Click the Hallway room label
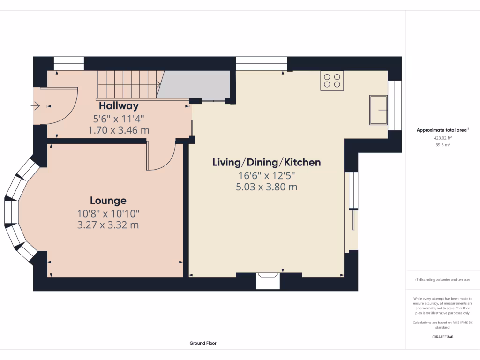(119, 106)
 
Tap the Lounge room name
(108, 201)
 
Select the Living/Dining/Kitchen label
(267, 162)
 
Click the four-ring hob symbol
(332, 81)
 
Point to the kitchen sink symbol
(378, 110)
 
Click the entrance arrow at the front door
(35, 106)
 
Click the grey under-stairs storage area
(195, 84)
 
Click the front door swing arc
(70, 113)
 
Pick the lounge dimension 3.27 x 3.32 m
(108, 225)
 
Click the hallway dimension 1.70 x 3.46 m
(119, 130)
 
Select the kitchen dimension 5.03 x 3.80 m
(267, 187)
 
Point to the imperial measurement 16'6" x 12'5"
(267, 175)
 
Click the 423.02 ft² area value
(442, 138)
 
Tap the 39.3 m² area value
(442, 145)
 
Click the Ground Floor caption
(203, 343)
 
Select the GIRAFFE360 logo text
(442, 337)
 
